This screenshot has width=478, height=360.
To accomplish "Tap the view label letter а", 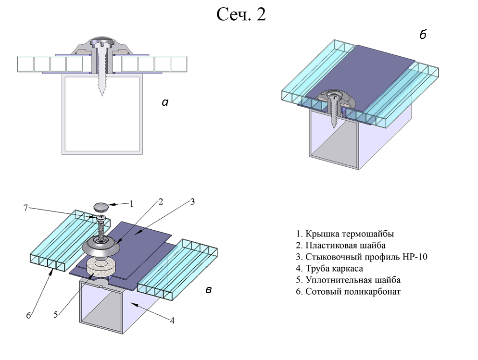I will (x=165, y=102).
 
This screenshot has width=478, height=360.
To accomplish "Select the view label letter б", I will (x=423, y=35).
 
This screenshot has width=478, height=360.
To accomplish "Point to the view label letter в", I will (x=209, y=290).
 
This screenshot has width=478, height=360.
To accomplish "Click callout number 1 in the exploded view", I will (x=131, y=203).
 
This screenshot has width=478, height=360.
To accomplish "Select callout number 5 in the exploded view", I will (x=56, y=315).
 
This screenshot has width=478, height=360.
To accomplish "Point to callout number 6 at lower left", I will (x=28, y=316).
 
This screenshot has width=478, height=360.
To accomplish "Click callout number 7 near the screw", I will (x=25, y=208).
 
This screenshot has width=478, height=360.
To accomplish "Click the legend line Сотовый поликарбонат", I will (x=348, y=291).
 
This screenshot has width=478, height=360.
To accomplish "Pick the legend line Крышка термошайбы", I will (x=344, y=234).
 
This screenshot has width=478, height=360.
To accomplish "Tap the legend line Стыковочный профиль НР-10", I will (x=361, y=257).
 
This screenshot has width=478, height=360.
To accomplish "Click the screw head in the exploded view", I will (x=101, y=219).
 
